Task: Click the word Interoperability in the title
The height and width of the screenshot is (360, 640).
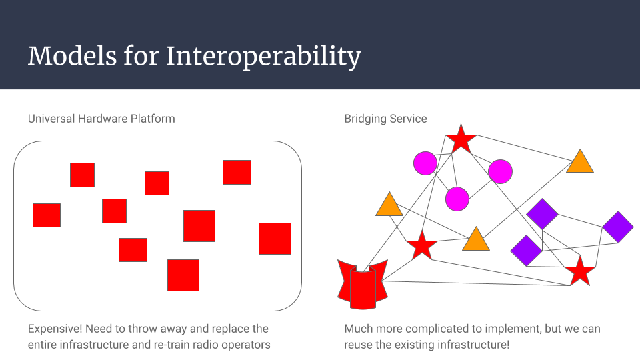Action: tap(263, 56)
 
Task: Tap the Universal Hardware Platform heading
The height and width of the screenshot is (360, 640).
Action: tap(101, 119)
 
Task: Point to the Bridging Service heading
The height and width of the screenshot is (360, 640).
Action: tap(385, 119)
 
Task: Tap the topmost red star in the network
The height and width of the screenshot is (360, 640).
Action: tap(461, 140)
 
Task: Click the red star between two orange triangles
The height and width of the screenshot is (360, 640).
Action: tap(421, 246)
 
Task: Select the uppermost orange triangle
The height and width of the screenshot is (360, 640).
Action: tap(580, 162)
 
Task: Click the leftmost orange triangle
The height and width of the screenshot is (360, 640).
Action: tap(389, 205)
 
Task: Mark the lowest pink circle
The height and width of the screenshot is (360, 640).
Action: tap(457, 198)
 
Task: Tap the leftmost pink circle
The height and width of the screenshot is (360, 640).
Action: tap(425, 163)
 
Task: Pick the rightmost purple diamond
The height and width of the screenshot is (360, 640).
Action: tap(617, 227)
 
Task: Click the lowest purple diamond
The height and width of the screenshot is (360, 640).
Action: tap(526, 250)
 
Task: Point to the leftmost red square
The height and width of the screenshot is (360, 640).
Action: tap(47, 215)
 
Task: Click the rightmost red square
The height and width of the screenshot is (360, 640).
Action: tap(275, 239)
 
